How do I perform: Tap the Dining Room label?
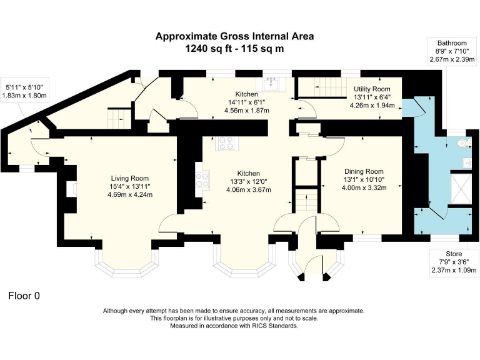[364, 171]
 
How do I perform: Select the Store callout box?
[453, 262]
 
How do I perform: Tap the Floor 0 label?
[24, 296]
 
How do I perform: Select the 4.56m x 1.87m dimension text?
[246, 110]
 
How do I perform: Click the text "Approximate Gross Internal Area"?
[234, 36]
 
